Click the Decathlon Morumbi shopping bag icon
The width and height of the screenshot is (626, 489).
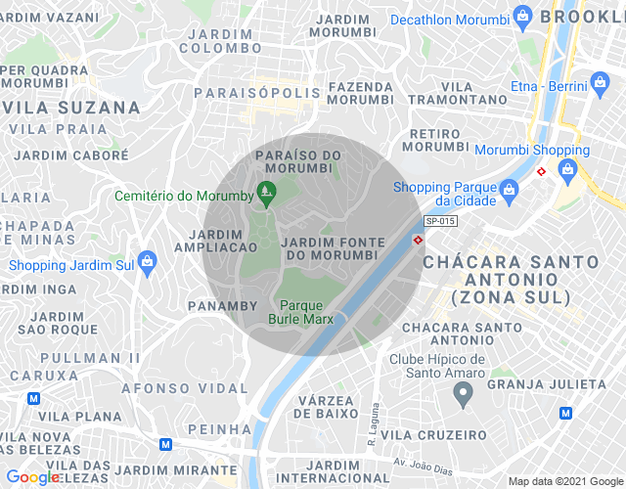click(522, 17)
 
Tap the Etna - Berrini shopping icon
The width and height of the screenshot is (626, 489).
click(598, 86)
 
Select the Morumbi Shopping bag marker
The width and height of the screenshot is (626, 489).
click(566, 170)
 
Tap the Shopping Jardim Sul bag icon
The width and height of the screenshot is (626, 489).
click(147, 261)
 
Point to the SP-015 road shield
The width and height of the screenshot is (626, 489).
click(440, 222)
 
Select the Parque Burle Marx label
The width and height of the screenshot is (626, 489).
click(301, 311)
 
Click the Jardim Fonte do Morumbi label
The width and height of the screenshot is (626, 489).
click(330, 248)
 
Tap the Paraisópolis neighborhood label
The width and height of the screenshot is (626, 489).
click(257, 93)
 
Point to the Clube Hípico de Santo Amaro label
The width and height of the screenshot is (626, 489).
click(437, 367)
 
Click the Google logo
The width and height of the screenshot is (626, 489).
click(32, 477)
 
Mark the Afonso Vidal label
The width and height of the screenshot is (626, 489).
click(185, 388)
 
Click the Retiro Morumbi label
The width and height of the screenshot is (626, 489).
click(435, 140)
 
